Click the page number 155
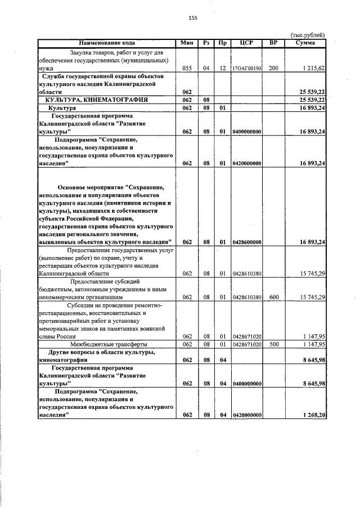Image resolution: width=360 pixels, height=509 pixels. click(192, 18)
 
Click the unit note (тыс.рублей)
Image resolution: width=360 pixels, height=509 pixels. click(308, 35)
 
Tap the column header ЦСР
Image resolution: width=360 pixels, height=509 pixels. click(246, 42)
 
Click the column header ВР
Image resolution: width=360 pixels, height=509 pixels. click(273, 42)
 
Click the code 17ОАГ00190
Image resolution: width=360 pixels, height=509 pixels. click(246, 68)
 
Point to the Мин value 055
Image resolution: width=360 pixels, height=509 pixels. click(187, 68)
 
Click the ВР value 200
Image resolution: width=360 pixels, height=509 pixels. click(273, 68)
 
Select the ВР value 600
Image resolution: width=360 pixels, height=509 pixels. click(273, 297)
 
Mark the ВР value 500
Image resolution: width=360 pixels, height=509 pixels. click(273, 344)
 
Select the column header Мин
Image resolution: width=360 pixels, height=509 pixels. click(187, 42)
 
